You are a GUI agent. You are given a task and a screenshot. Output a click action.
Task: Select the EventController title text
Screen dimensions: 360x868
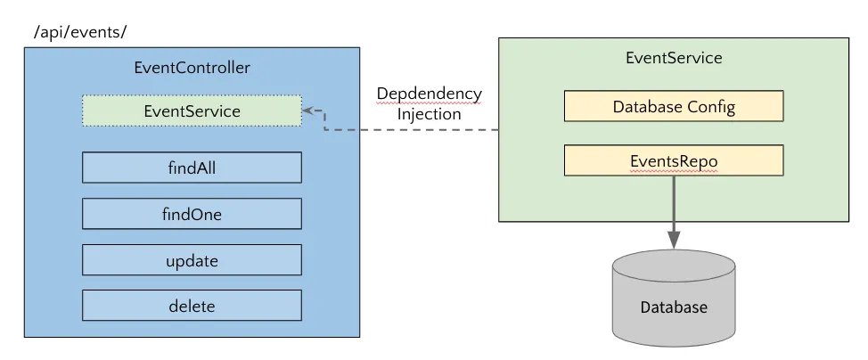point(192,68)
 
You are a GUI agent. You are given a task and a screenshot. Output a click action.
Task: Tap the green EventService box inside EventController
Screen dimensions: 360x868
point(192,110)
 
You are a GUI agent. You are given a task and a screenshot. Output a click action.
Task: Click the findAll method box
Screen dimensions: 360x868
point(192,168)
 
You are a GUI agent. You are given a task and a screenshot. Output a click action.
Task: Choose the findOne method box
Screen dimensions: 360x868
point(192,214)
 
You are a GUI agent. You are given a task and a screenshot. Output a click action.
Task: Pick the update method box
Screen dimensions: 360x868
point(192,260)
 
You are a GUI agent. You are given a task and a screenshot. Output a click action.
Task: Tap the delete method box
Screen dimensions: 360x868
point(192,307)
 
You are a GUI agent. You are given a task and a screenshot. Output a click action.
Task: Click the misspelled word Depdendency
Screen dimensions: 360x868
point(429,94)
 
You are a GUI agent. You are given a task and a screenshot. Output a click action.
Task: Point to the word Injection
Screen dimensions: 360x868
point(429,114)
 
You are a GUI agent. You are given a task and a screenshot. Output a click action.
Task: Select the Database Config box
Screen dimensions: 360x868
point(674,107)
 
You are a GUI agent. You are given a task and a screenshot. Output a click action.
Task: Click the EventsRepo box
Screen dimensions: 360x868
point(674,160)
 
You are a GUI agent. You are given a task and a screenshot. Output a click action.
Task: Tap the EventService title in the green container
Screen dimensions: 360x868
point(674,58)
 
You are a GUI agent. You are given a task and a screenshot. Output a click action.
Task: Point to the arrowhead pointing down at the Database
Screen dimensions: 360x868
point(674,239)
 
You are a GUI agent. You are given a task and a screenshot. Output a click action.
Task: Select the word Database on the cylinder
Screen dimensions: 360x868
point(674,307)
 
